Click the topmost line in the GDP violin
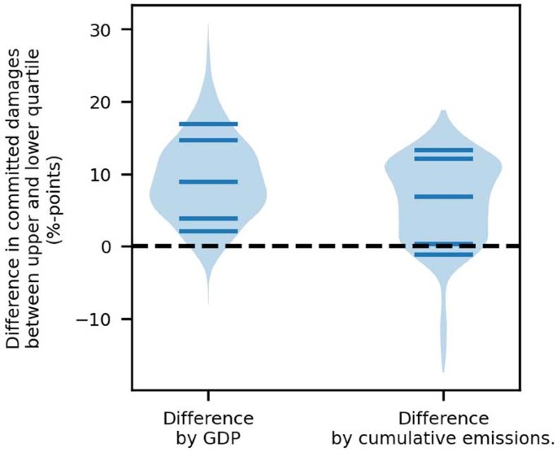(x=208, y=124)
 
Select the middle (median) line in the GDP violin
(x=208, y=181)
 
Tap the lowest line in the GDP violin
(x=208, y=232)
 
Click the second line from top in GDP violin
(x=208, y=140)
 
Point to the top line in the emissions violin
(x=443, y=150)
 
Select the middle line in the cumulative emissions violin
(x=443, y=197)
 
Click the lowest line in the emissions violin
(x=443, y=254)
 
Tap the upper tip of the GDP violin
(x=208, y=24)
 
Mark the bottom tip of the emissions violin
(x=444, y=372)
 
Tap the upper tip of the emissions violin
(x=443, y=111)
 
